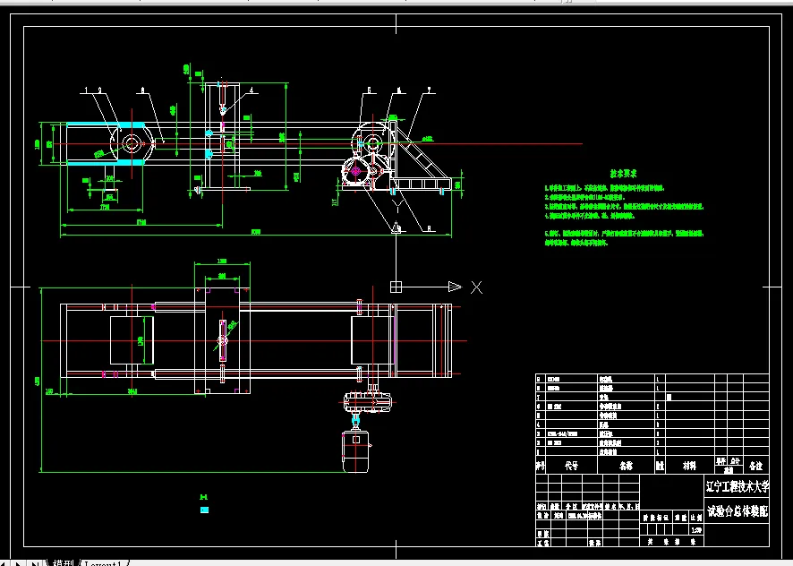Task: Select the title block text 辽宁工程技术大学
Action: point(737,487)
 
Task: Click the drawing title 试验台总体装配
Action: point(737,513)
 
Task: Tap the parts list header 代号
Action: point(570,466)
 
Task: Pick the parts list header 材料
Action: point(686,466)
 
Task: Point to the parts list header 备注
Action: point(757,466)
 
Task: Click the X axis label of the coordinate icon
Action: point(476,287)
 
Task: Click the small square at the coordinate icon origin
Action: point(395,287)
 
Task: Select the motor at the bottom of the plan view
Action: point(356,451)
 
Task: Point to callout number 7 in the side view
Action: point(430,90)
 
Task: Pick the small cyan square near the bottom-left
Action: point(205,510)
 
